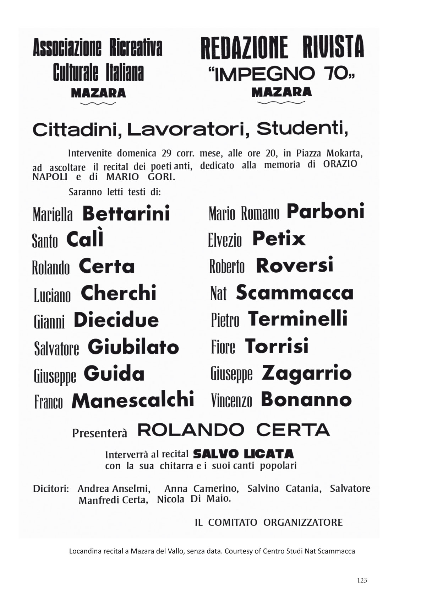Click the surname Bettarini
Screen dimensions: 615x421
tap(126, 213)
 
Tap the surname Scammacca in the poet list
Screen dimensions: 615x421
tap(295, 293)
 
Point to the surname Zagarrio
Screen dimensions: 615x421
tap(307, 373)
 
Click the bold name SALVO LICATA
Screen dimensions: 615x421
tap(244, 454)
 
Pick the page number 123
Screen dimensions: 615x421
tap(362, 581)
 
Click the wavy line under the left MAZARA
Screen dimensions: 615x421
tap(98, 104)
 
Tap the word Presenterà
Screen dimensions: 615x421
tap(99, 433)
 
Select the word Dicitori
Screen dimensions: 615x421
tap(51, 488)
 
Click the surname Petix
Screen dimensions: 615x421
tap(279, 239)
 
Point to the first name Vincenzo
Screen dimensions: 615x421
tap(231, 401)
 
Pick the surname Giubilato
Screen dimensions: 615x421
tap(133, 347)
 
